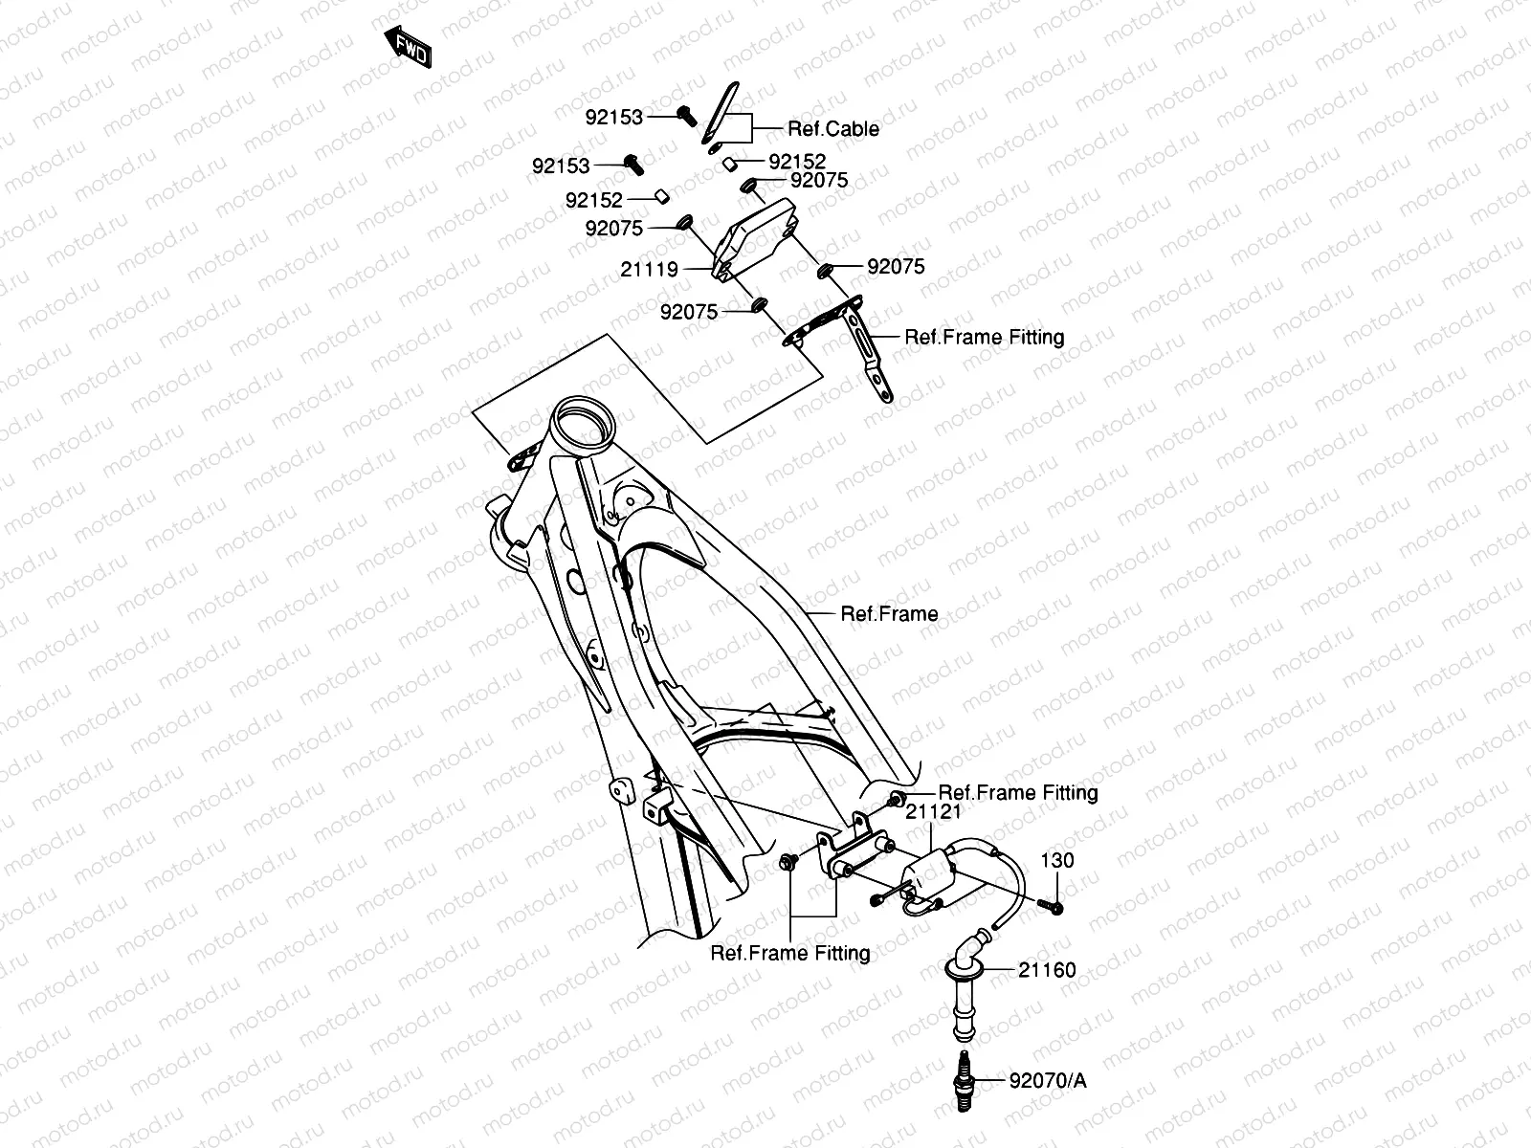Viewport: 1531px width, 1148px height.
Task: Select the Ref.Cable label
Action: tap(832, 129)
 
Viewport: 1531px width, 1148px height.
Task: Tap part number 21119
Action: tap(649, 270)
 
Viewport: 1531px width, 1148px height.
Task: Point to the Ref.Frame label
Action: tap(889, 614)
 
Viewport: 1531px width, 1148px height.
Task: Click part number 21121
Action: tap(933, 811)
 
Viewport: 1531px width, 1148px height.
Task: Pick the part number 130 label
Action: tap(1057, 860)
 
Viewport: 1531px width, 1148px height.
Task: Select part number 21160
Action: tap(1047, 970)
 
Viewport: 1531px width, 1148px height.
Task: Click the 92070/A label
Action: tap(1047, 1081)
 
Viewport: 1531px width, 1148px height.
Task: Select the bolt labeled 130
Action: tap(1050, 906)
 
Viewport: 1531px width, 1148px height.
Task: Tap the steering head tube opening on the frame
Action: tap(583, 420)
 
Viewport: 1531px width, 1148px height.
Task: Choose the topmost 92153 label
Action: tap(614, 117)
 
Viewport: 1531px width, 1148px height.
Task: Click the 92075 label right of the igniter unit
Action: tap(896, 267)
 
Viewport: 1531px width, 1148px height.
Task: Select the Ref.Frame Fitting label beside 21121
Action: tap(1018, 793)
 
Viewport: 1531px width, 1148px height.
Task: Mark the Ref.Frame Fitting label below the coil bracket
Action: tap(790, 953)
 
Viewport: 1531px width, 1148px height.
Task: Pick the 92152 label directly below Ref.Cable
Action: tap(797, 163)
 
